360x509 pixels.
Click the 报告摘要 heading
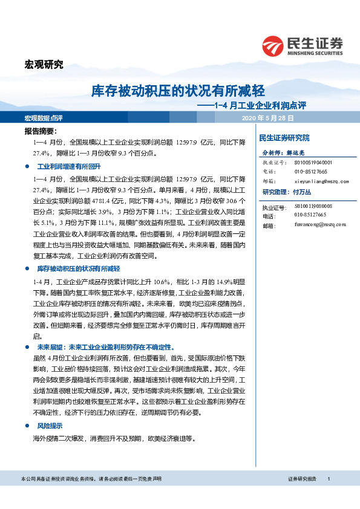tap(41, 131)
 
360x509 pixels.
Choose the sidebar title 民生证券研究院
tap(284, 138)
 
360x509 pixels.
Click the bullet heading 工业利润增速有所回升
tap(65, 166)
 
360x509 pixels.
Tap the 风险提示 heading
tap(50, 426)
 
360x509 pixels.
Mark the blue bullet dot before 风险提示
tap(27, 426)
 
